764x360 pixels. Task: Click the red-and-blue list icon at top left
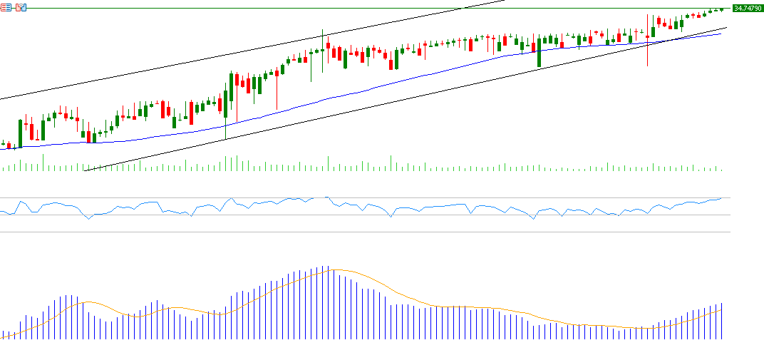[x=6, y=7]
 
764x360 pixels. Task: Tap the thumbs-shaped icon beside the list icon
[x=21, y=7]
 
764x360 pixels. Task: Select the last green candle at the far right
[x=722, y=9]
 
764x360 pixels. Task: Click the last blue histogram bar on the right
[x=722, y=321]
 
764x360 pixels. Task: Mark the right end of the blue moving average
[x=721, y=34]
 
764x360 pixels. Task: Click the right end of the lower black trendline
[x=726, y=27]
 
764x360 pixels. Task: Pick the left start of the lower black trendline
[x=84, y=171]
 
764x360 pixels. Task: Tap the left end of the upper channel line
[x=1, y=98]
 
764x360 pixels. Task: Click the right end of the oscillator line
[x=721, y=198]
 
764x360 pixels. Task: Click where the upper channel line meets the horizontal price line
[x=464, y=8]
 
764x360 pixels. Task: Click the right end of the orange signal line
[x=722, y=310]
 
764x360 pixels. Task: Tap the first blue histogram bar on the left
[x=3, y=334]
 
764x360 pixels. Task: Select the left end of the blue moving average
[x=1, y=148]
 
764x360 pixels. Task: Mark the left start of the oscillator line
[x=1, y=210]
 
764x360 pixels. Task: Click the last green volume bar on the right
[x=722, y=170]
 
